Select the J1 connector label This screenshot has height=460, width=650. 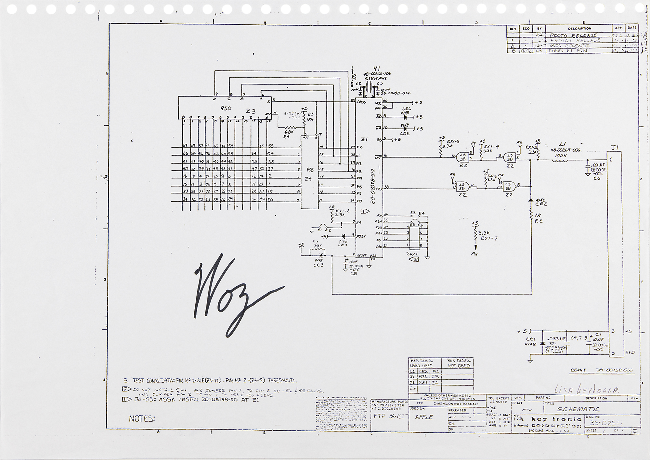tap(614, 148)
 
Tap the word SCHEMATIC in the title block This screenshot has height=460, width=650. tap(578, 409)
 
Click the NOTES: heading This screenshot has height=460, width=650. tap(142, 419)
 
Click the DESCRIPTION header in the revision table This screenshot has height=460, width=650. tap(579, 29)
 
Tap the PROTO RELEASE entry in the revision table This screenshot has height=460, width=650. tap(573, 35)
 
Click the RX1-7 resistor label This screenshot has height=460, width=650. tap(489, 238)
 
